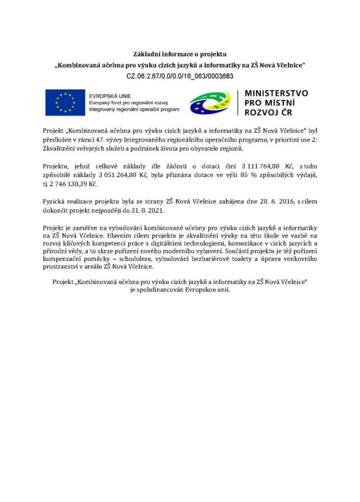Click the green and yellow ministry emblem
click(x=210, y=103)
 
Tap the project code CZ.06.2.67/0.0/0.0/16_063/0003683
click(x=180, y=76)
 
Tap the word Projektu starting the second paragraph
click(x=57, y=167)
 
